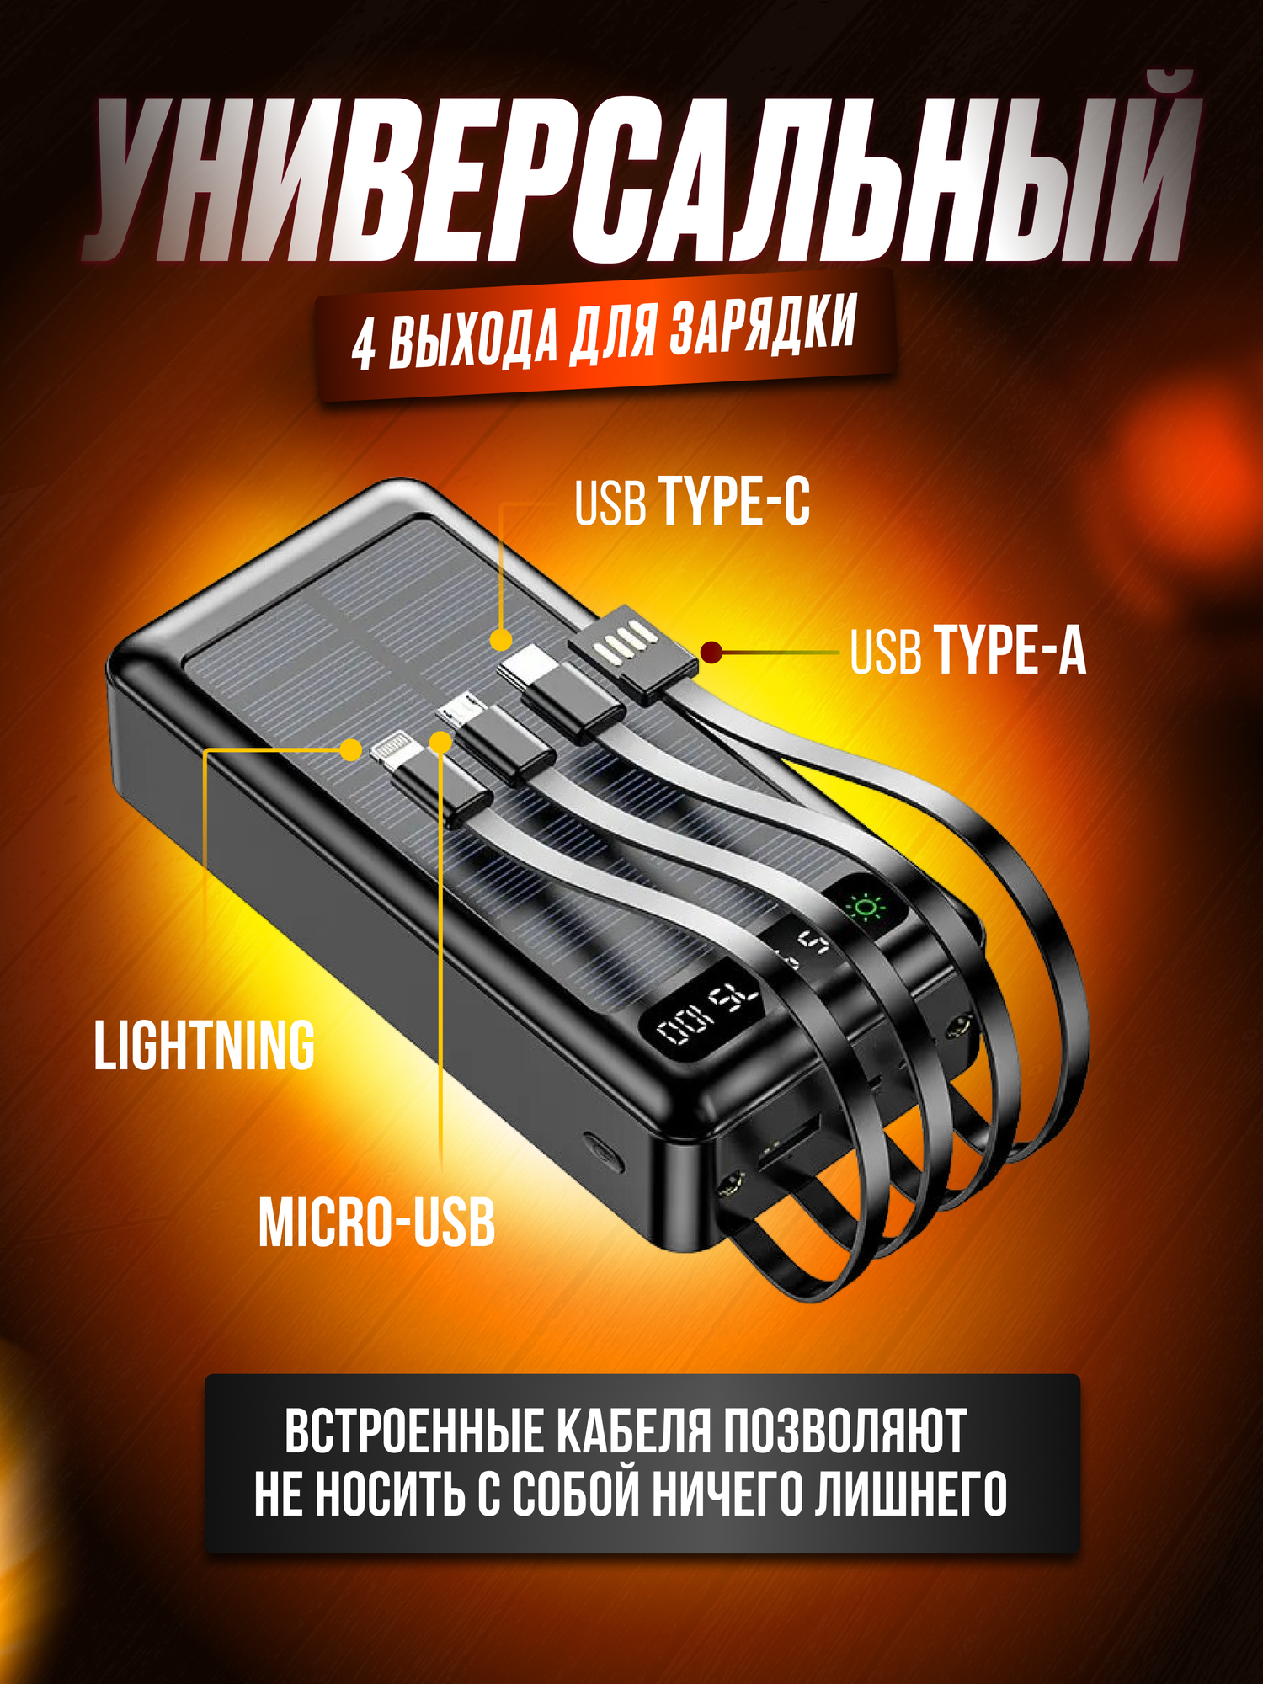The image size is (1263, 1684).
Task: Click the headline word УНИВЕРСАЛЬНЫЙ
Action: click(x=640, y=177)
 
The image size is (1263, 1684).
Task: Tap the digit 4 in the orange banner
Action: click(x=364, y=345)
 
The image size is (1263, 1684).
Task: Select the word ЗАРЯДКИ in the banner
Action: click(x=762, y=324)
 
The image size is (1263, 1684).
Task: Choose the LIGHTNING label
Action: click(x=204, y=1046)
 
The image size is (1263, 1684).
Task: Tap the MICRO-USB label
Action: click(x=376, y=1223)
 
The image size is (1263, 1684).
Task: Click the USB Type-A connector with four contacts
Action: click(x=633, y=651)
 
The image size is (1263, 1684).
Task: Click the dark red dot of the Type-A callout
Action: click(x=711, y=652)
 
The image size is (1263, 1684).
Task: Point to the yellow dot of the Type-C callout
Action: click(x=501, y=640)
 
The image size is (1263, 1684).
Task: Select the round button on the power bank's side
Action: click(x=604, y=1151)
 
